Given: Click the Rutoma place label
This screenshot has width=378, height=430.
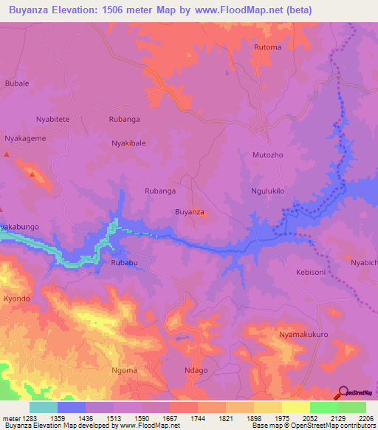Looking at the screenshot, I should click(267, 47).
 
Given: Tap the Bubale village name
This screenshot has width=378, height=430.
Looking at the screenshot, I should click(16, 83).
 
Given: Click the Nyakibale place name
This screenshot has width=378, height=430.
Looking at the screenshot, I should click(128, 143).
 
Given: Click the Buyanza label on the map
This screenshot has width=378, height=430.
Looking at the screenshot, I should click(189, 212).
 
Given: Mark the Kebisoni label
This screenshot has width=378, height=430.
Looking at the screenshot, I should click(311, 272).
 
